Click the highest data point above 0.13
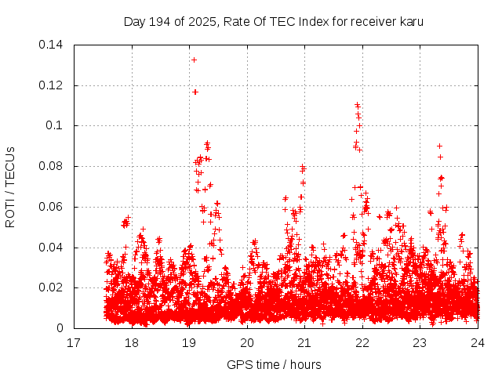(194, 60)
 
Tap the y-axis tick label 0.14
(52, 44)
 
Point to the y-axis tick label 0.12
(52, 85)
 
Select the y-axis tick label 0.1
(55, 125)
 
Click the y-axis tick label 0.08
(52, 166)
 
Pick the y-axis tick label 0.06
(52, 207)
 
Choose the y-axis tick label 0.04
(52, 248)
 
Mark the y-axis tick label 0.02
(52, 288)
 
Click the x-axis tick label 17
(74, 343)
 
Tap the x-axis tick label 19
(189, 343)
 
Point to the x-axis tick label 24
(478, 343)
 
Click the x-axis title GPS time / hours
(274, 364)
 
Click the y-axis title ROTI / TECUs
(11, 186)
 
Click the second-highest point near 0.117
(195, 92)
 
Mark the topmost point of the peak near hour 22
(357, 104)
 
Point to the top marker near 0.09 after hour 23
(439, 146)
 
